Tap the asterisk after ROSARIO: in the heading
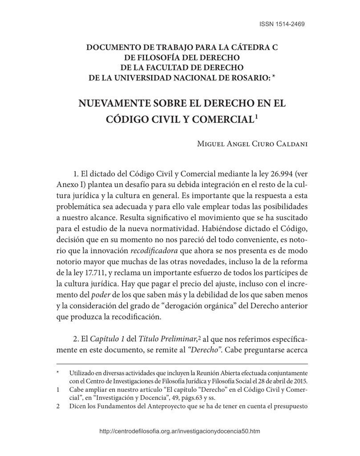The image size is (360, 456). [275, 77]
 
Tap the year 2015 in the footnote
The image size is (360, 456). [300, 381]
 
